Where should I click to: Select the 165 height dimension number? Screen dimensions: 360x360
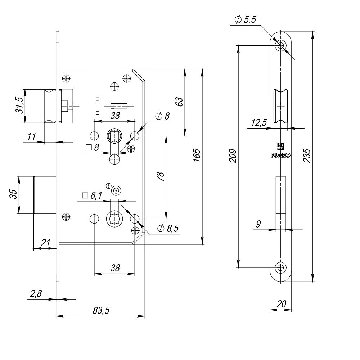pos(197,156)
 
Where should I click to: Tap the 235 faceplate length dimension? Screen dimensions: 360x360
pos(307,156)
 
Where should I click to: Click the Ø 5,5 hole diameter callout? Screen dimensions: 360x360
pos(245,20)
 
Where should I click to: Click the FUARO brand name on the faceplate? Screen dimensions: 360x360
pos(280,156)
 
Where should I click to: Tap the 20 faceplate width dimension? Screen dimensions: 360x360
pos(281,304)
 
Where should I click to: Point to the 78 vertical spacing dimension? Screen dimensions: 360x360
pos(161,176)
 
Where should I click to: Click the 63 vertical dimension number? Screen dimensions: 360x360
pos(179,102)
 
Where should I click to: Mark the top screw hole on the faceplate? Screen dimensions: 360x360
pos(280,46)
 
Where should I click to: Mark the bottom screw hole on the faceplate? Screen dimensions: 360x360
pos(280,267)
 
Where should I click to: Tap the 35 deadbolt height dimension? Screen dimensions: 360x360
pos(13,194)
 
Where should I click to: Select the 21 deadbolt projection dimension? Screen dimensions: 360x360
pos(45,243)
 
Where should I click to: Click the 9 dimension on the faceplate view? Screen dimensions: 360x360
pos(258,224)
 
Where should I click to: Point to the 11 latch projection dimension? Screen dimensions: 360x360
pos(32,136)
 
